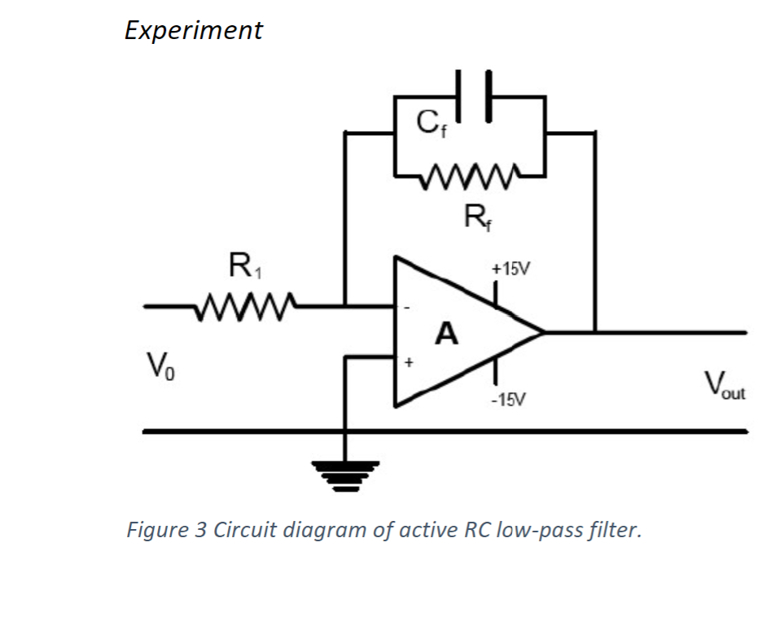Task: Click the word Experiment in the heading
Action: [x=194, y=30]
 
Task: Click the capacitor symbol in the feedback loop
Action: [x=473, y=96]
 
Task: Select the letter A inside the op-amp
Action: [x=447, y=333]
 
